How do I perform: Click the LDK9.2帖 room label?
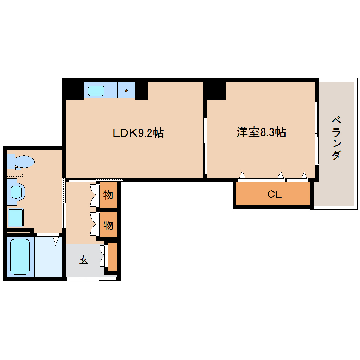(138, 133)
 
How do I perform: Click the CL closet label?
(274, 194)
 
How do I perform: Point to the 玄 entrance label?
(84, 260)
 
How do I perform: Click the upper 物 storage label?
(108, 194)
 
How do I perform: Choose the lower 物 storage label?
(108, 224)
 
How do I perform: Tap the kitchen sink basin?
(96, 91)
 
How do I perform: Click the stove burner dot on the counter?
(126, 91)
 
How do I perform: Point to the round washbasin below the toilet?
(16, 192)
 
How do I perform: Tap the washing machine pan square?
(16, 217)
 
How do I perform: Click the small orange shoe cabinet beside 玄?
(113, 257)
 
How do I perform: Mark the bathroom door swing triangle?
(56, 241)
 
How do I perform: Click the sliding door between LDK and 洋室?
(205, 145)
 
